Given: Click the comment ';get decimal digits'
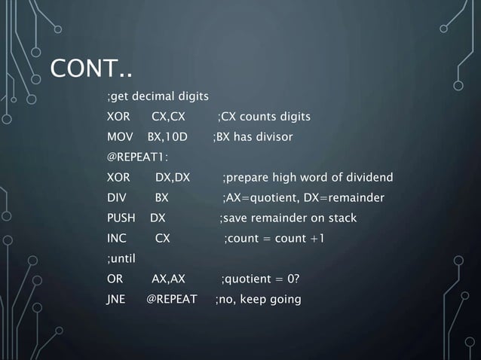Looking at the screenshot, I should coord(157,96).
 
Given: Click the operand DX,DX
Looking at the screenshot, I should coord(172,178).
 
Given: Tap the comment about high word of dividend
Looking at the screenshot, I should coord(307,178).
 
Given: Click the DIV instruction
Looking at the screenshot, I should coord(116,198).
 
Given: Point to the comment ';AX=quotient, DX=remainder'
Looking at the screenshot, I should coord(303,198).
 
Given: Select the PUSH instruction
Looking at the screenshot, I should coord(121,218).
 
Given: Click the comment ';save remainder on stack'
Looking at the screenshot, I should coord(287,218).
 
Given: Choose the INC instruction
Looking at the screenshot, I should coord(116,239).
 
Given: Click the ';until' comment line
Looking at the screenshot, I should coord(121,259).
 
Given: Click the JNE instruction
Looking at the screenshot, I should coord(116,300).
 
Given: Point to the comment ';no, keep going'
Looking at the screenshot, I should coord(257,300).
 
